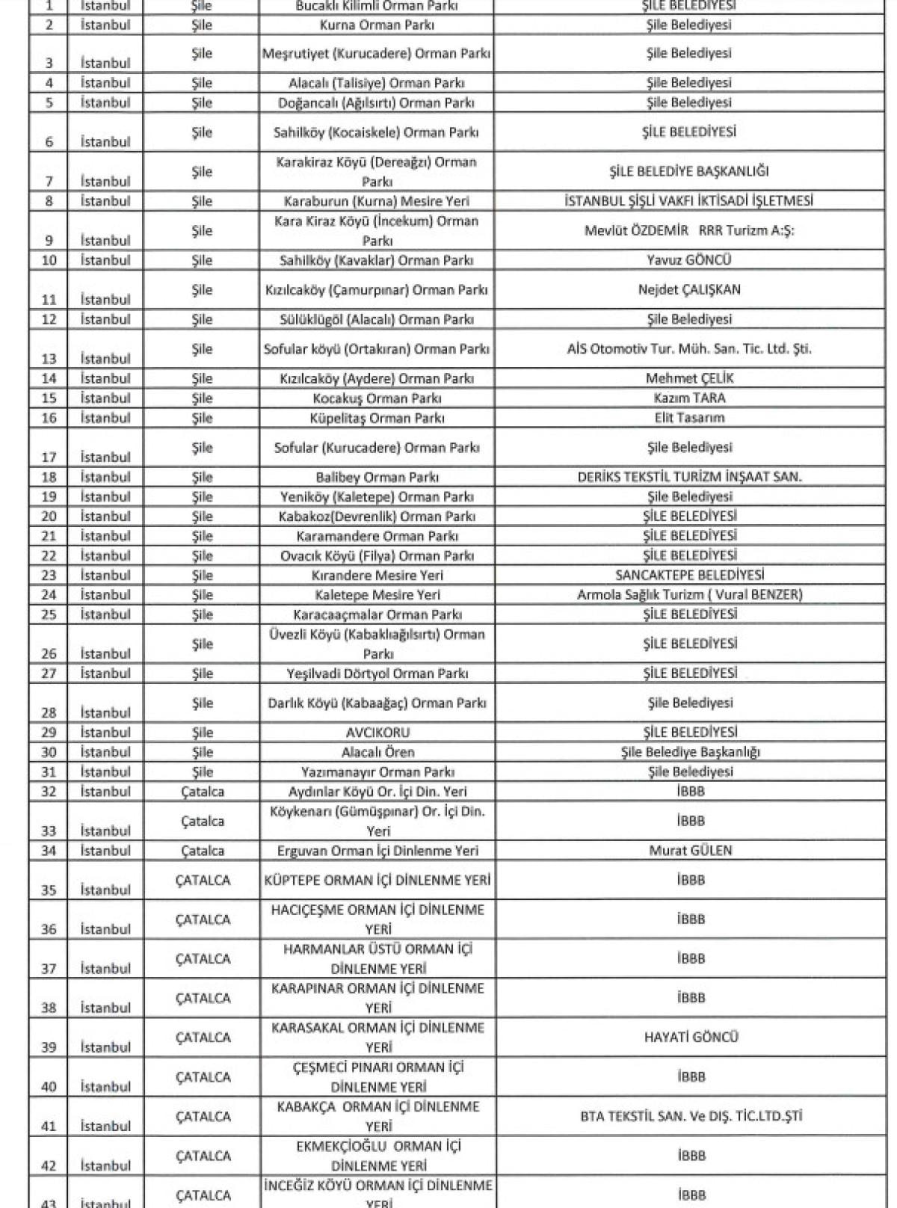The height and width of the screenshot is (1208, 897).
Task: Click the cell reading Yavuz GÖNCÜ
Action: pos(688,260)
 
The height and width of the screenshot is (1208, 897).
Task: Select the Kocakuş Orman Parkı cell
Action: pos(377,398)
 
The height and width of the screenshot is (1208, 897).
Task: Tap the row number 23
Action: pos(49,576)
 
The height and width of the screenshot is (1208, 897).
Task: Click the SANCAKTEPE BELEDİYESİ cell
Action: pos(689,576)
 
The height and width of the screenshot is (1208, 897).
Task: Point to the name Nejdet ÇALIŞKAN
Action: pos(689,290)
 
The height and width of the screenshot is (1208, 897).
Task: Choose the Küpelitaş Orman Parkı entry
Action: pos(377,418)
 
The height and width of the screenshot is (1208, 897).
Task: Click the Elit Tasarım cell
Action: pos(689,418)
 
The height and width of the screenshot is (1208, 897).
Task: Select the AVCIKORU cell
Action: pos(377,733)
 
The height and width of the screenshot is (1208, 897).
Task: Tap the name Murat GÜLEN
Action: pos(690,851)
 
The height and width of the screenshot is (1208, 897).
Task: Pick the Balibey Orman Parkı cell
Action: pos(377,477)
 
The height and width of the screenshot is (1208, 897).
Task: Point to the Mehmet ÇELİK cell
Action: pos(689,378)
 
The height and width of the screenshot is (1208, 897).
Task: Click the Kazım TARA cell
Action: pos(689,398)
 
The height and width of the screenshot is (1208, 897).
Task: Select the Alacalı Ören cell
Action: pos(377,752)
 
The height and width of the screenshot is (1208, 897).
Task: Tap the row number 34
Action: pos(49,851)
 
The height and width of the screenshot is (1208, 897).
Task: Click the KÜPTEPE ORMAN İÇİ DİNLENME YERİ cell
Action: pos(377,881)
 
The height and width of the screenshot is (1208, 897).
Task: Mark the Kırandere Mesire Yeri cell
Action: pos(377,576)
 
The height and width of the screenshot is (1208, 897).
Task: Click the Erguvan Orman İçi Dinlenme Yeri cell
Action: pos(377,851)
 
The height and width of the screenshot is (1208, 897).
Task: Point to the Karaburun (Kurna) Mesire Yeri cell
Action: pos(377,201)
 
